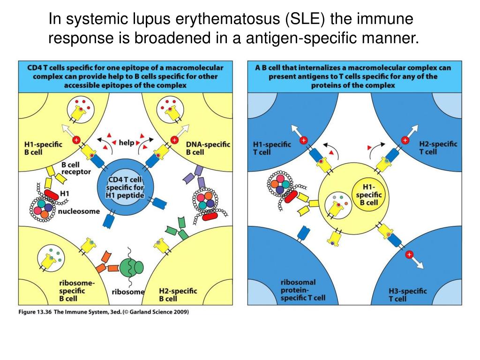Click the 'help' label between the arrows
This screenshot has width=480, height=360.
point(126,142)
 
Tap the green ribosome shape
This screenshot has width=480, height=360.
point(131,268)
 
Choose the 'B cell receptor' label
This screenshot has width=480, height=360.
point(76,168)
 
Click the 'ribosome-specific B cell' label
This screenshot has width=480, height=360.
point(75,291)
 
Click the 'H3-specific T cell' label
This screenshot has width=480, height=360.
point(408,295)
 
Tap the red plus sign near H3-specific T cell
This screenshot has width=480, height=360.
point(409,255)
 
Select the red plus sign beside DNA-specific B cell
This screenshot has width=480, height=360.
point(174,139)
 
